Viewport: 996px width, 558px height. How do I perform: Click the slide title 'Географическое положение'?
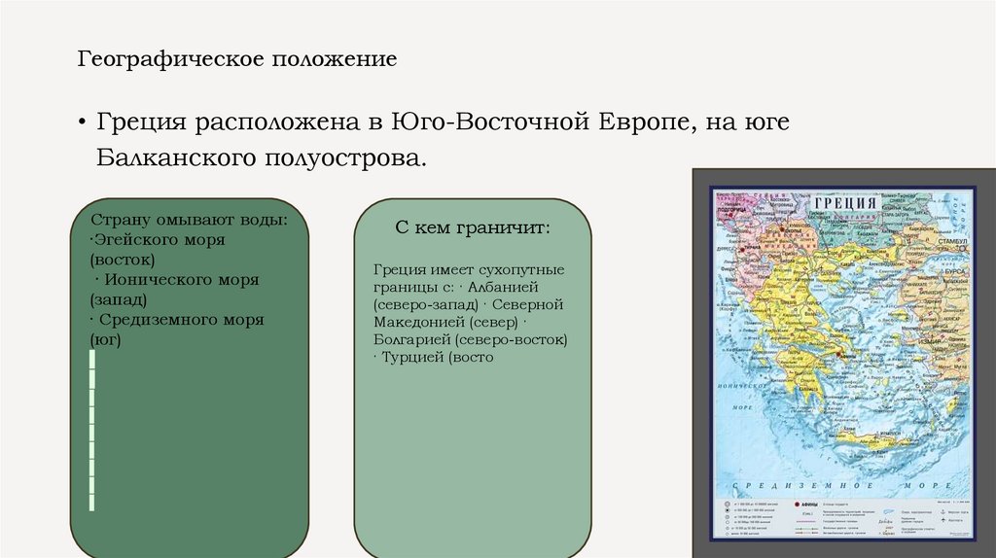237,60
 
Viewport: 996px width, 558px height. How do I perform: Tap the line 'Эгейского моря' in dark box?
159,239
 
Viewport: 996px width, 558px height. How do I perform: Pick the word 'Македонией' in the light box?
417,322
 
